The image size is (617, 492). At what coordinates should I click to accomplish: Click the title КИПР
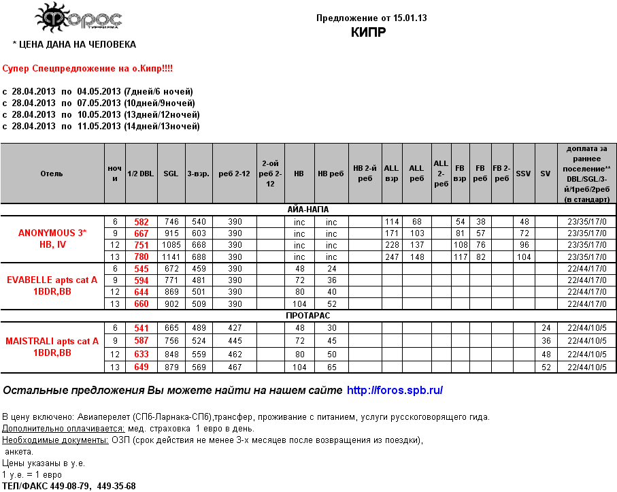pos(369,32)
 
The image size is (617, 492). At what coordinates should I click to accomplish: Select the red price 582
pos(141,222)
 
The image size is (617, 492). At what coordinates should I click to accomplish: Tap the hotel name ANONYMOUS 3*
pos(52,233)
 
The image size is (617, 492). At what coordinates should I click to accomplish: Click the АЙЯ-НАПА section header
pos(309,210)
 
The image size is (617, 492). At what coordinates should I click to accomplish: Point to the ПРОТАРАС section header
pos(309,316)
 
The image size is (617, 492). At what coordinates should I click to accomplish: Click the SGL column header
pos(171,174)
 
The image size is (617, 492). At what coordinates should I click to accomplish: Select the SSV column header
pos(523,174)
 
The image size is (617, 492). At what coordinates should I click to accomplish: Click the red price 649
pos(141,367)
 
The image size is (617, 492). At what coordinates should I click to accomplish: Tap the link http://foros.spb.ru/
pos(395,391)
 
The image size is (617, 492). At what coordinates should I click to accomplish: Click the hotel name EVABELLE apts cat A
pos(52,280)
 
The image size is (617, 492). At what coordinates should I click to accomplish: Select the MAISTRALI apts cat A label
pos(52,340)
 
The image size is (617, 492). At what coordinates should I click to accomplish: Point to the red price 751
pos(141,245)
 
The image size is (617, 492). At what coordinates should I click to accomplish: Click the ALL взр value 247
pos(392,257)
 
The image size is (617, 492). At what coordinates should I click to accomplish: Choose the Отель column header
pos(52,174)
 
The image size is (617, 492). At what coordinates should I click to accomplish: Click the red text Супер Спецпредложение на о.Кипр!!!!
pos(88,69)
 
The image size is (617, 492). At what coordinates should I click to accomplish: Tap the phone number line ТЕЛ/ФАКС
pos(69,486)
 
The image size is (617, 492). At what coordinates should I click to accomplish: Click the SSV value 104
pos(523,257)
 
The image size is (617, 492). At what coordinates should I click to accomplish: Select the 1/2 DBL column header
pos(141,174)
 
